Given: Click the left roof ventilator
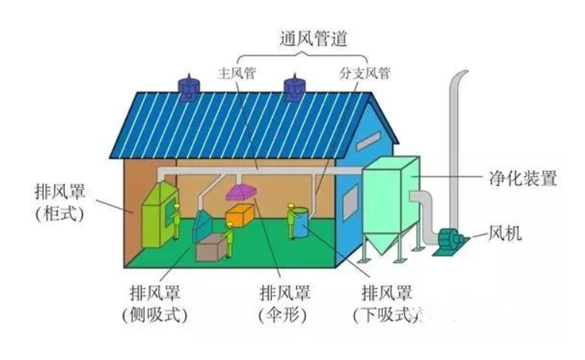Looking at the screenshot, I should (187, 87).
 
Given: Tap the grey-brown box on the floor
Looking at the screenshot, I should (211, 247).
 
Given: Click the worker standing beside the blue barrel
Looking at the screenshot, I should (291, 220).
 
